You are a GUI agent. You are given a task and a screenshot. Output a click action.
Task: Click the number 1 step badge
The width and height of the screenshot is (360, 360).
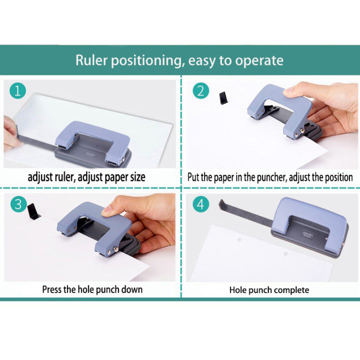pos(18,91)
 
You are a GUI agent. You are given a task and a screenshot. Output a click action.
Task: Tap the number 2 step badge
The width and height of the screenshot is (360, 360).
pos(200,91)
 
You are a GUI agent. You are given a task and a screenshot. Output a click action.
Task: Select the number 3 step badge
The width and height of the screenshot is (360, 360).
pos(18,204)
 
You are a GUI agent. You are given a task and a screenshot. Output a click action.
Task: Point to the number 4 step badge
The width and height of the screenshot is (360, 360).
pos(200,204)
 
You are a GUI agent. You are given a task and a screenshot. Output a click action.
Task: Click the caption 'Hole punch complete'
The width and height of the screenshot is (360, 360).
pos(269,290)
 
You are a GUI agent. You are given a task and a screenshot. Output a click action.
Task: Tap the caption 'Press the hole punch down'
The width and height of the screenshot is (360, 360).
pos(92,289)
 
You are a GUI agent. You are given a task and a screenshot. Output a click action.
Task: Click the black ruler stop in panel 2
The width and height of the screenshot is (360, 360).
pos(223,98)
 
